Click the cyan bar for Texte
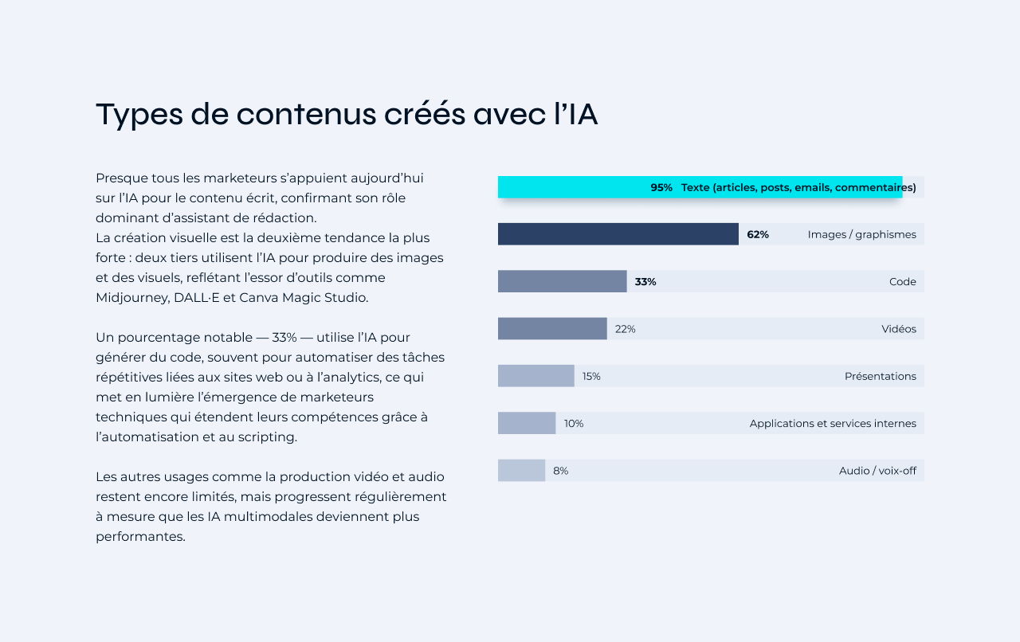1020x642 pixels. click(x=574, y=187)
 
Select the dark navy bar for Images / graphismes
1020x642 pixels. click(x=618, y=234)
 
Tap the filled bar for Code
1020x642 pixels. click(x=562, y=281)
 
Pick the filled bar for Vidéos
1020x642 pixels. click(x=552, y=329)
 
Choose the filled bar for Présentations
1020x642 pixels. click(x=535, y=376)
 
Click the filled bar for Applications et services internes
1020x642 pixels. click(x=526, y=423)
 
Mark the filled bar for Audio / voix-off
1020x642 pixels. click(x=521, y=471)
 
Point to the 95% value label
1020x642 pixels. click(x=661, y=187)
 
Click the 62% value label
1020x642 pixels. click(x=758, y=234)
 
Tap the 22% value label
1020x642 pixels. click(x=626, y=329)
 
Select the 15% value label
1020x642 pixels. click(x=591, y=376)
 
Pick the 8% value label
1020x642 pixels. click(x=561, y=471)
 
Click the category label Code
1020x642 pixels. click(x=902, y=282)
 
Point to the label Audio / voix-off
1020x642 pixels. click(x=877, y=471)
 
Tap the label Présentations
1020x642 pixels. click(x=880, y=376)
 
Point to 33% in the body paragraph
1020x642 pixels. click(x=285, y=337)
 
